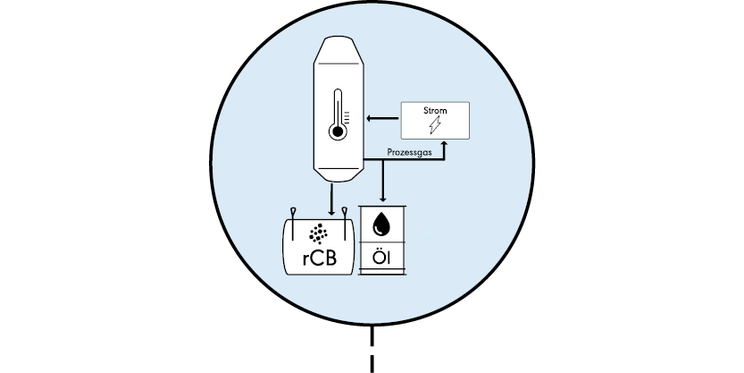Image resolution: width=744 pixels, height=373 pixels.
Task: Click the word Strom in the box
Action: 435,112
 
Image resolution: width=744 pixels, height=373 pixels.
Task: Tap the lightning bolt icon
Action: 435,126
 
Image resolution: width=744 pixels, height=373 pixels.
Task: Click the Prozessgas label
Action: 410,154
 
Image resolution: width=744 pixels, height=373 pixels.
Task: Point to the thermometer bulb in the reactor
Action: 337,132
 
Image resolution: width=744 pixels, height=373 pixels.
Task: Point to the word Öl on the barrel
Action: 382,260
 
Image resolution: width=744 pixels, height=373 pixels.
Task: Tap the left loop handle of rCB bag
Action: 292,215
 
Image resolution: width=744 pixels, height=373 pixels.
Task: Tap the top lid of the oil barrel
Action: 382,207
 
